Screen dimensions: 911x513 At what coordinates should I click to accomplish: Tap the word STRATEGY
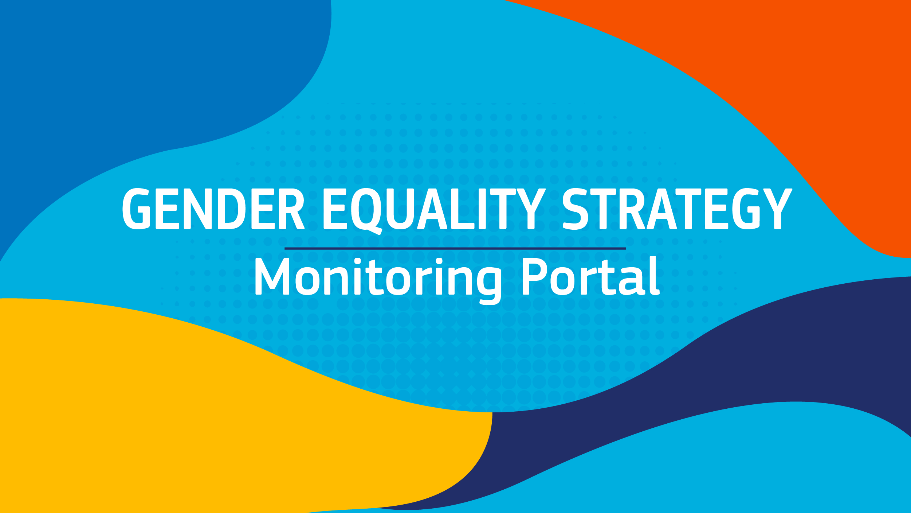tap(678, 209)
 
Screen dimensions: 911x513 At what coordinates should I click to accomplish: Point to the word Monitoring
tap(378, 281)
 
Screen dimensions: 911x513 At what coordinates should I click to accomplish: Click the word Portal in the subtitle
tap(591, 276)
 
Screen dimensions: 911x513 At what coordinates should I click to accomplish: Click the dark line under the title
tap(455, 248)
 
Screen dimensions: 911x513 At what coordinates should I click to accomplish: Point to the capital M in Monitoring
tap(272, 276)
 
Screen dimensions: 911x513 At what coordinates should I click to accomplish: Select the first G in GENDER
tap(136, 209)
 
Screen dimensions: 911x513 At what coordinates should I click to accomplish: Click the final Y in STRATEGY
tap(778, 209)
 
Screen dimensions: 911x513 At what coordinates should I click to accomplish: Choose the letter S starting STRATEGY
tap(575, 209)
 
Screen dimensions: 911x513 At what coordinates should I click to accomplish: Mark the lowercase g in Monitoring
tap(489, 286)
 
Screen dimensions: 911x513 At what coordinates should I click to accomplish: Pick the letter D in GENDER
tap(232, 209)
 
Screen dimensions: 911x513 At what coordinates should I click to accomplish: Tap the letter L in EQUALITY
tap(463, 209)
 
